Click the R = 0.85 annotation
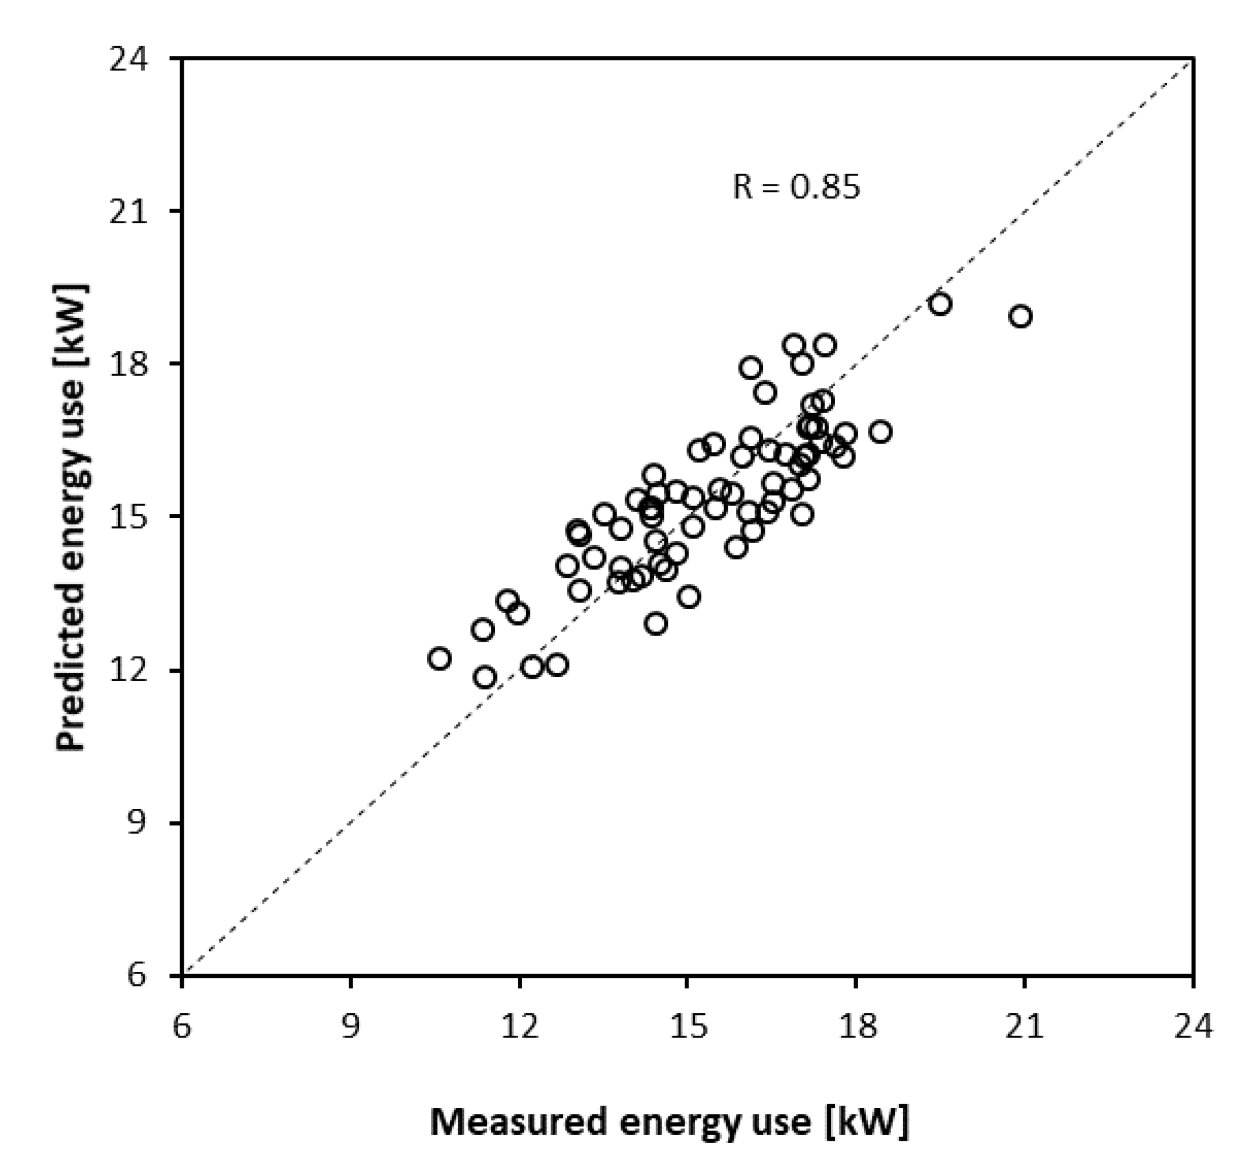796,186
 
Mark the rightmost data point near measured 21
1020,316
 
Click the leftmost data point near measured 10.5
440,658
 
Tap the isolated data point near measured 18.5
880,432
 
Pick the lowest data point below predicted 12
485,677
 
